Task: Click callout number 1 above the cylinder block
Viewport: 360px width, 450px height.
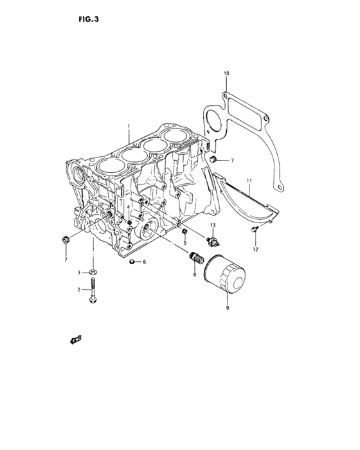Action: point(129,127)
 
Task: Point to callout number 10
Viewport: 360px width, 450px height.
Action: point(226,74)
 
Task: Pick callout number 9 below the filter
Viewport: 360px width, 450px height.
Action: point(227,309)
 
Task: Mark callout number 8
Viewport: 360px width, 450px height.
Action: point(194,275)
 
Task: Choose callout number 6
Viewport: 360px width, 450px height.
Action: point(145,262)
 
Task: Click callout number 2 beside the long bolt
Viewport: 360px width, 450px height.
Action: point(79,290)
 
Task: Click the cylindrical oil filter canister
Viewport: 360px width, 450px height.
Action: point(226,277)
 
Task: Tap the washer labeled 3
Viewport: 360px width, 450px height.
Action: point(94,274)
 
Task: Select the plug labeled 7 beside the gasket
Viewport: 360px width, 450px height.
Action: point(213,159)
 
